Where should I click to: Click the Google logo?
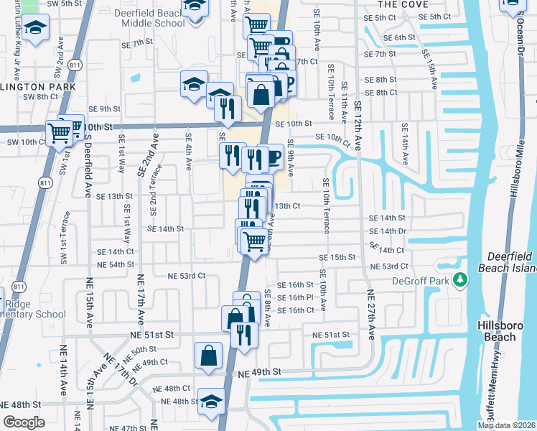click(x=24, y=422)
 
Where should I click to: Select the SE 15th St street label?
click(x=338, y=257)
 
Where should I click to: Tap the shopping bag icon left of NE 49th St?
click(x=208, y=353)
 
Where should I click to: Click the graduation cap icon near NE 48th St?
click(x=211, y=401)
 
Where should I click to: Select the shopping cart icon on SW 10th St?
click(x=58, y=131)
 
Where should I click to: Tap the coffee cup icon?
click(x=272, y=156)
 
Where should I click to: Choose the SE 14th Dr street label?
click(x=387, y=231)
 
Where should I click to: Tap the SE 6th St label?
click(x=400, y=37)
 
